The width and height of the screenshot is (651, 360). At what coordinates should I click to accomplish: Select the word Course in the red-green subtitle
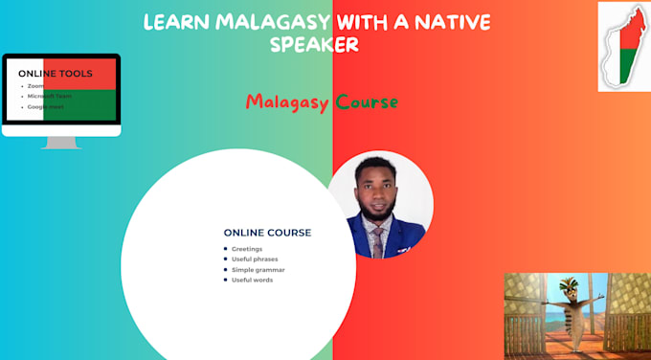coord(367,101)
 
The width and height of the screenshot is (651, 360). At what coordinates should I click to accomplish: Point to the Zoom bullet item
coord(36,86)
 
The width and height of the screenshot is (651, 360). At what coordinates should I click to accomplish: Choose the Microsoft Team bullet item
coord(49,96)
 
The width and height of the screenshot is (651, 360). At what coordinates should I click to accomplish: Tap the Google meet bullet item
coord(45,106)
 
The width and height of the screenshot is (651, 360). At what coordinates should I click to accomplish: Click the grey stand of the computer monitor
coord(61,142)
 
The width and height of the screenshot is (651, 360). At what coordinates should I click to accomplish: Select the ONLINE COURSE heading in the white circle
coord(267,233)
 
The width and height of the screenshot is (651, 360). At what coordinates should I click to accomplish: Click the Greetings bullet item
coord(247,249)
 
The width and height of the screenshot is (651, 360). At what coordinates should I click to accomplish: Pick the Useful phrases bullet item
coord(255,259)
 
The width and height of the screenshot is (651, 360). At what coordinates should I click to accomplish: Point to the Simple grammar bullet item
coord(258,270)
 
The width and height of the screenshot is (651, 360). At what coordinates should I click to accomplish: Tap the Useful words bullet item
coord(252,281)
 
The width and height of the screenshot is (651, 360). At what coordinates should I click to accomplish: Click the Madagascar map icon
coord(623,46)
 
